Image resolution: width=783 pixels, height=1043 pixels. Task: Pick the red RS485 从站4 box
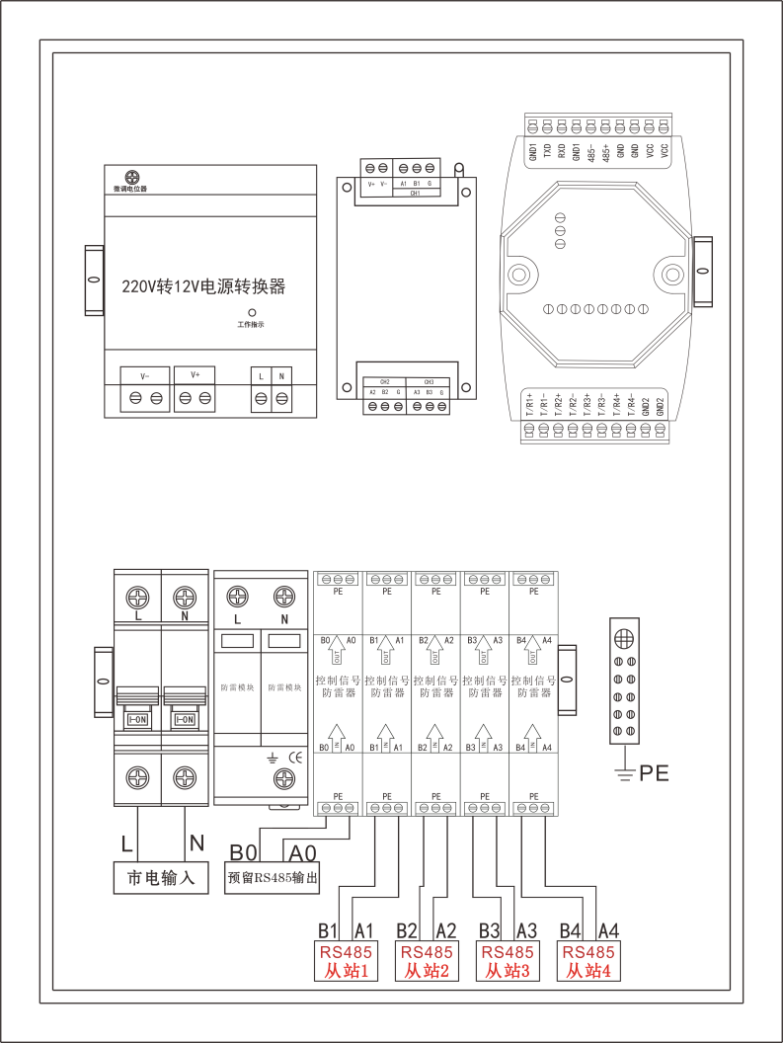pyautogui.click(x=588, y=961)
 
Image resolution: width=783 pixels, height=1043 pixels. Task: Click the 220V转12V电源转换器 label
pyautogui.click(x=203, y=287)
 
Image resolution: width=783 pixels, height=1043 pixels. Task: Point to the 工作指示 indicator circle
pyautogui.click(x=252, y=311)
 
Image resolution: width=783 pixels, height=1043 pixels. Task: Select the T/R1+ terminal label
pyautogui.click(x=529, y=406)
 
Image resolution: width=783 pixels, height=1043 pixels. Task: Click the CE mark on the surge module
pyautogui.click(x=294, y=758)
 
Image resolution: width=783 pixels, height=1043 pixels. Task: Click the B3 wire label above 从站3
pyautogui.click(x=489, y=930)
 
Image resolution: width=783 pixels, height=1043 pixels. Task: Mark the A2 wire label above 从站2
pyautogui.click(x=445, y=930)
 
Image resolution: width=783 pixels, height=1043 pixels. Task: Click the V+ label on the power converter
pyautogui.click(x=196, y=375)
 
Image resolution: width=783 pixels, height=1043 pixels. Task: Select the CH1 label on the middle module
pyautogui.click(x=416, y=195)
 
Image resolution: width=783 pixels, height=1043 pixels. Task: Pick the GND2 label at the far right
pyautogui.click(x=659, y=404)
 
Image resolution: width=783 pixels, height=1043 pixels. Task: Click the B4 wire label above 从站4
pyautogui.click(x=570, y=930)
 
